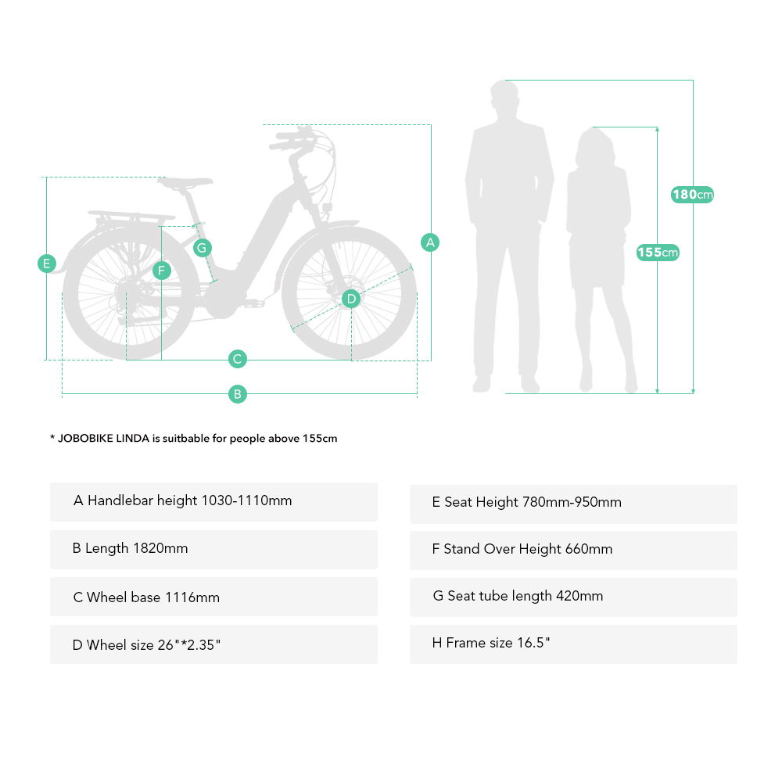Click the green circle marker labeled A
pyautogui.click(x=430, y=242)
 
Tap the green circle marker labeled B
pyautogui.click(x=238, y=394)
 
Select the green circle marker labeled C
pyautogui.click(x=238, y=360)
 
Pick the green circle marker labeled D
pyautogui.click(x=351, y=298)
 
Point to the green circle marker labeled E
pyautogui.click(x=47, y=264)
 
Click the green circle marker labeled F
pyautogui.click(x=161, y=271)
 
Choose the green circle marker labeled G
pyautogui.click(x=202, y=248)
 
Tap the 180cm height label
pyautogui.click(x=693, y=195)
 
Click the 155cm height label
pyautogui.click(x=658, y=253)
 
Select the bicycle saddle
pyautogui.click(x=185, y=183)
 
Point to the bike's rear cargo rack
pyautogui.click(x=131, y=215)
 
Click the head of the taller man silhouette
pyautogui.click(x=504, y=98)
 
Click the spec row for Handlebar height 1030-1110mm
pyautogui.click(x=213, y=501)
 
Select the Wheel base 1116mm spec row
pyautogui.click(x=213, y=597)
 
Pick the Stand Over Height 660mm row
pyautogui.click(x=573, y=550)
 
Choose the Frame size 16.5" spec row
pyautogui.click(x=573, y=644)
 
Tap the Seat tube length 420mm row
pyautogui.click(x=573, y=597)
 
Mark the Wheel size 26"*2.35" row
pyautogui.click(x=213, y=645)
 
